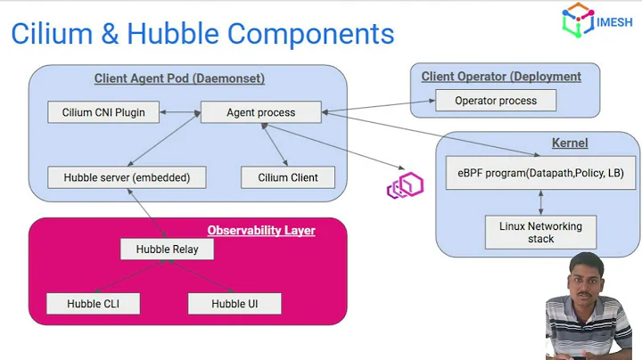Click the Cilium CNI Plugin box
(x=103, y=113)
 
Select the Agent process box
(x=260, y=113)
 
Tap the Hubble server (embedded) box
(x=127, y=177)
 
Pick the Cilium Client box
(x=288, y=177)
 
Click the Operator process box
(x=496, y=101)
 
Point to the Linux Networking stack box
(x=540, y=233)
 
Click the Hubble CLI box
(x=93, y=304)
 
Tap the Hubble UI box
(x=235, y=304)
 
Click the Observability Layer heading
(x=261, y=231)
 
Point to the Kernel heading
(x=570, y=143)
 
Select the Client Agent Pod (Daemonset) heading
(x=179, y=78)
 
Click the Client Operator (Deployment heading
(x=501, y=77)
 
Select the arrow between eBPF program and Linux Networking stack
(x=540, y=202)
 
